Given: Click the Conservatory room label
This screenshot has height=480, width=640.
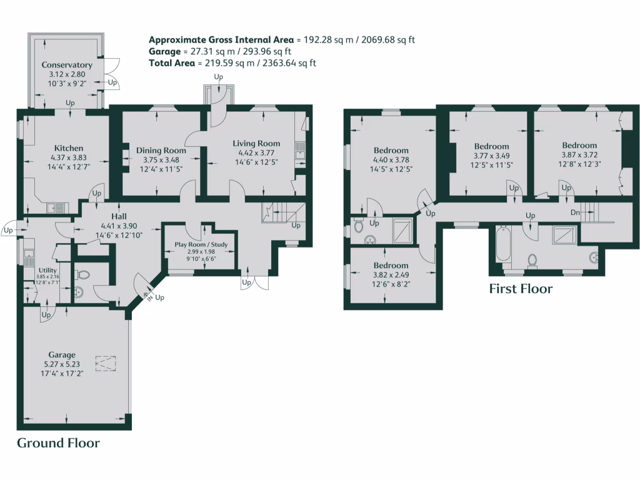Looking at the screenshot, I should coord(67,65).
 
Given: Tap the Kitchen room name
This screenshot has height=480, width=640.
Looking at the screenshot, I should coord(69,148).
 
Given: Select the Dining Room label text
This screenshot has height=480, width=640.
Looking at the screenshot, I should coord(161,150).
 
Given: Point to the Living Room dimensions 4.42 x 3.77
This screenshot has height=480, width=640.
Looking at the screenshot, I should coord(256,152).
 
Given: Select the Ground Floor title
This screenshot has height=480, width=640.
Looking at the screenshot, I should coord(58,443).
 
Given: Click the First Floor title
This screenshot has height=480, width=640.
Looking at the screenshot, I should coord(521,289).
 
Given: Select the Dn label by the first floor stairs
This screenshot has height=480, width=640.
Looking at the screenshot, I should coord(575,212).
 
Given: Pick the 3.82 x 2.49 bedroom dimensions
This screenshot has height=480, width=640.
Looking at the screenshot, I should coord(391,275).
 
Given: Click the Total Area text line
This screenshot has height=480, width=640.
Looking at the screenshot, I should coord(232,63).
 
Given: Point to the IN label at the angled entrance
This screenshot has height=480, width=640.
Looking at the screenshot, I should coord(147,295).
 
